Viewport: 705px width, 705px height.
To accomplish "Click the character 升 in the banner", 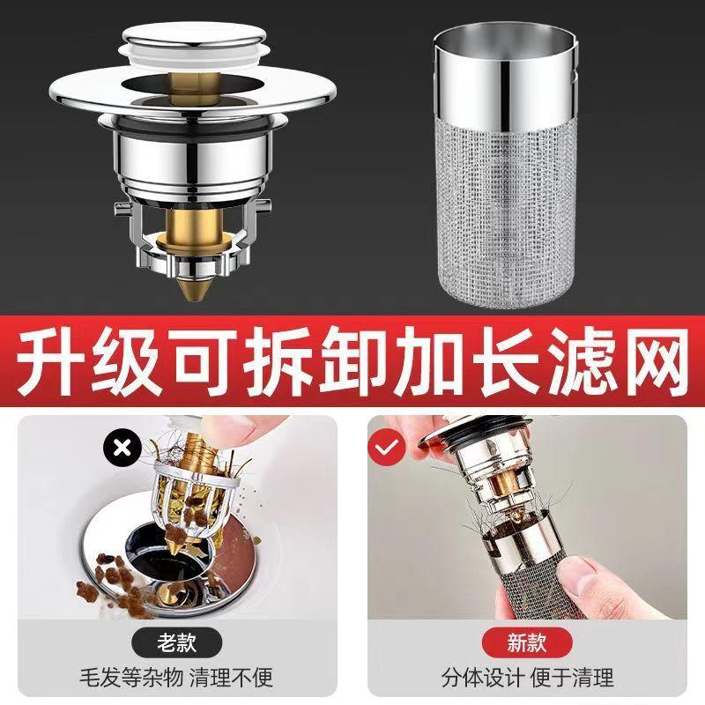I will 55,361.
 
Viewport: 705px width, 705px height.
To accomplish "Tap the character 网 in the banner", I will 649,361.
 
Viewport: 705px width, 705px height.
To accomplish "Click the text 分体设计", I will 476,677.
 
